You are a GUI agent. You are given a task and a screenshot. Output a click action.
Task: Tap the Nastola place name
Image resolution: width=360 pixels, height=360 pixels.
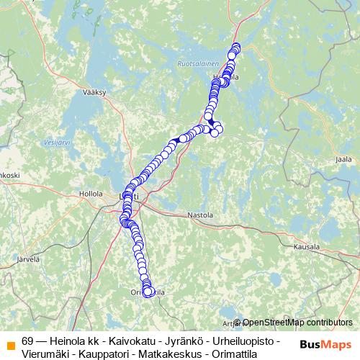click(x=200, y=215)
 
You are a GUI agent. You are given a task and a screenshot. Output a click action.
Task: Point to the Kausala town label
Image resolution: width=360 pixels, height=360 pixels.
click(x=306, y=246)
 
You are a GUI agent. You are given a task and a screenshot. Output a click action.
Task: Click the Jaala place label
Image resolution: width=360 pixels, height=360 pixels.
click(x=343, y=158)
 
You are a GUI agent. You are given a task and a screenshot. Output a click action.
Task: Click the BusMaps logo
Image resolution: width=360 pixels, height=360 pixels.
click(x=325, y=343)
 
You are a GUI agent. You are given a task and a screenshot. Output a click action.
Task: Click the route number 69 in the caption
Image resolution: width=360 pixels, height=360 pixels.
click(x=28, y=340)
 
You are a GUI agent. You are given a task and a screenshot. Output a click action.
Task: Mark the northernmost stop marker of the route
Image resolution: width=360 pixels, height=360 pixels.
click(x=235, y=48)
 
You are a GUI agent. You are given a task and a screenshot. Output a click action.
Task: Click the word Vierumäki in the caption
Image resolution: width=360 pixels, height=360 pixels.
click(x=42, y=353)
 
